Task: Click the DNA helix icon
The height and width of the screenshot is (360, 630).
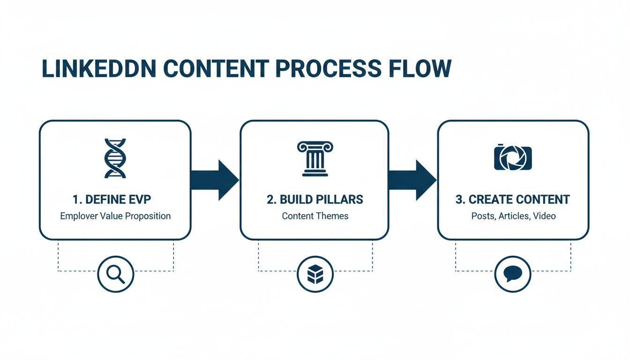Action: point(115,158)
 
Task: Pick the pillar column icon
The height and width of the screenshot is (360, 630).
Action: point(315,158)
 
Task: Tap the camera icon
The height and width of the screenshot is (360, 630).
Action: point(513,157)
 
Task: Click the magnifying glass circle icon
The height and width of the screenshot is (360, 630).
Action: point(115,274)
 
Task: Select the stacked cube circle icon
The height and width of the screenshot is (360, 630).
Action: point(315,274)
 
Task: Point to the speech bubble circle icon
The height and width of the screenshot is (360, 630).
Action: point(513,274)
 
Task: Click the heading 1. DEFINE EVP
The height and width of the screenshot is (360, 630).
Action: point(112,200)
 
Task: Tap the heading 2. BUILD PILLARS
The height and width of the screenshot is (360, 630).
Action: point(315,200)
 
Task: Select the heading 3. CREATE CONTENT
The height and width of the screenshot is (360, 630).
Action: point(512,200)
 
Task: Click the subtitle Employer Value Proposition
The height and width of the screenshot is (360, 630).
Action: point(115,216)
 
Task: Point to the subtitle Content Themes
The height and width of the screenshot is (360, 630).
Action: point(315,216)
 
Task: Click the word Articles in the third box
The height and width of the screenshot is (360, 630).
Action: point(514,216)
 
